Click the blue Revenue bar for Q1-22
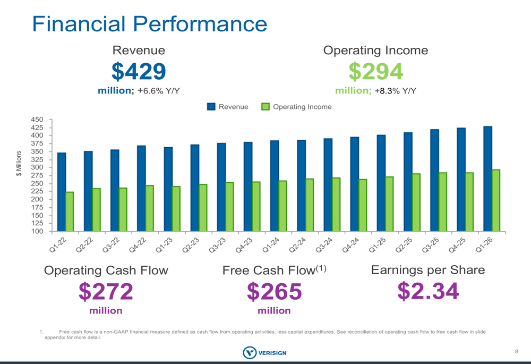pos(62,192)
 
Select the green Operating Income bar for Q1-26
pos(496,200)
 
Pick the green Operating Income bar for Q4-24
pos(363,205)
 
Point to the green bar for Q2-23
pos(203,208)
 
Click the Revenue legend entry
pos(228,107)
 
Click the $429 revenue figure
pos(139,71)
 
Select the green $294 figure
pos(375,71)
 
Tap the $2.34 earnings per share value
pos(428,291)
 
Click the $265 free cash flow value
pos(274,292)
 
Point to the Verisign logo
pos(264,352)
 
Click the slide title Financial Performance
pos(149,24)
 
